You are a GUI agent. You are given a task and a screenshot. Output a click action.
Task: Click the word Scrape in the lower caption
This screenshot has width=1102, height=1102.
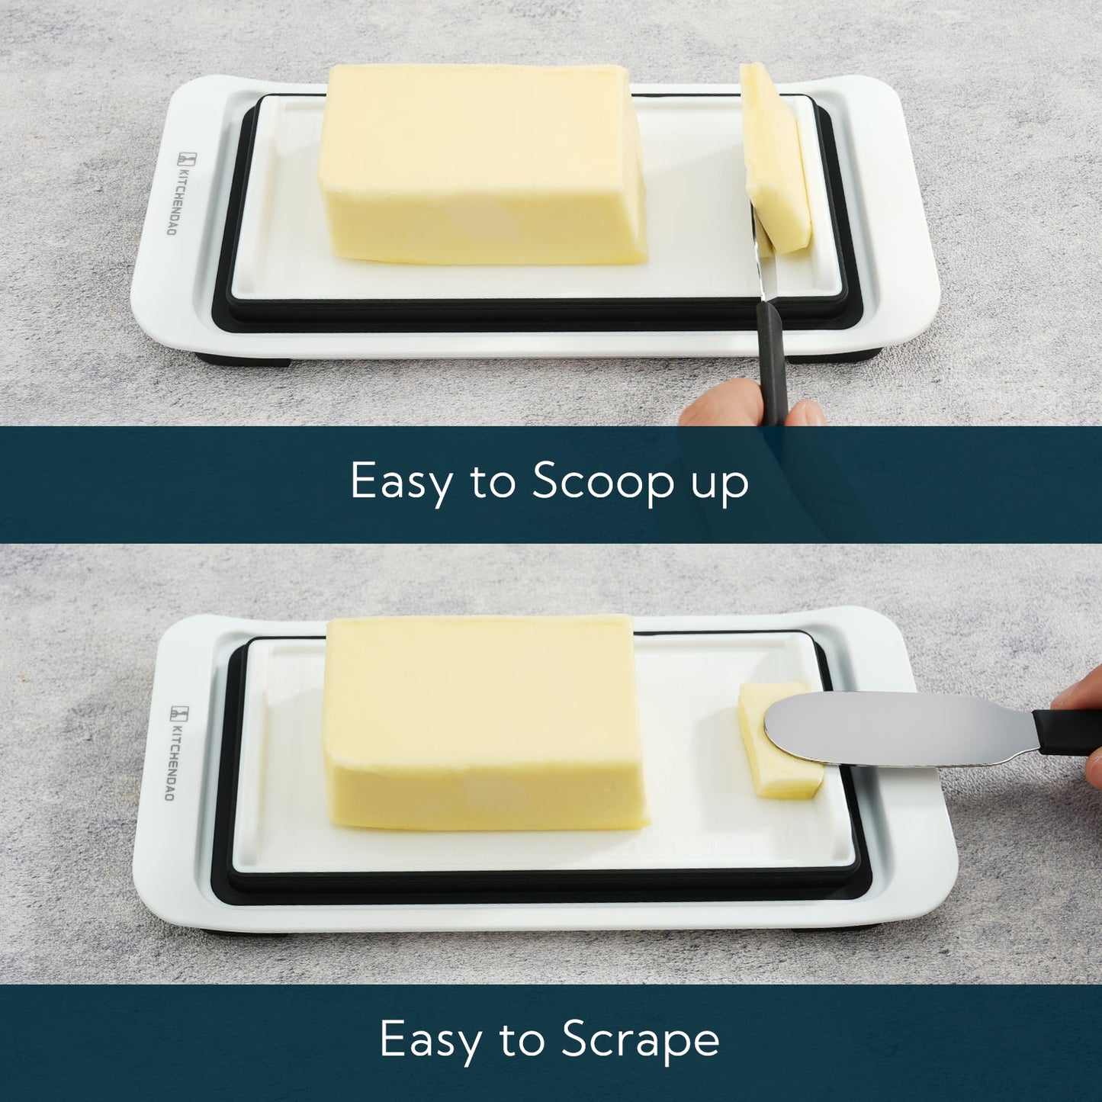click(640, 1039)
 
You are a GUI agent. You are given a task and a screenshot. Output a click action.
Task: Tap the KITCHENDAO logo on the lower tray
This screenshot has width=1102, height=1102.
click(174, 752)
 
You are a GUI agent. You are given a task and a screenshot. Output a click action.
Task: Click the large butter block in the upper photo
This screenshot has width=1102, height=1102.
click(480, 164)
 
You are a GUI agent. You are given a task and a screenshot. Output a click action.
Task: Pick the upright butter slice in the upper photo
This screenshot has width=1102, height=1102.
click(775, 160)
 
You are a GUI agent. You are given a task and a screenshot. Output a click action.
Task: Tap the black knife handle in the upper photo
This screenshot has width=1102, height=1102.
click(772, 358)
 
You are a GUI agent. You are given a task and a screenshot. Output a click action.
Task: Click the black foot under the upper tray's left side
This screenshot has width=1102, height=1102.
click(243, 359)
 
